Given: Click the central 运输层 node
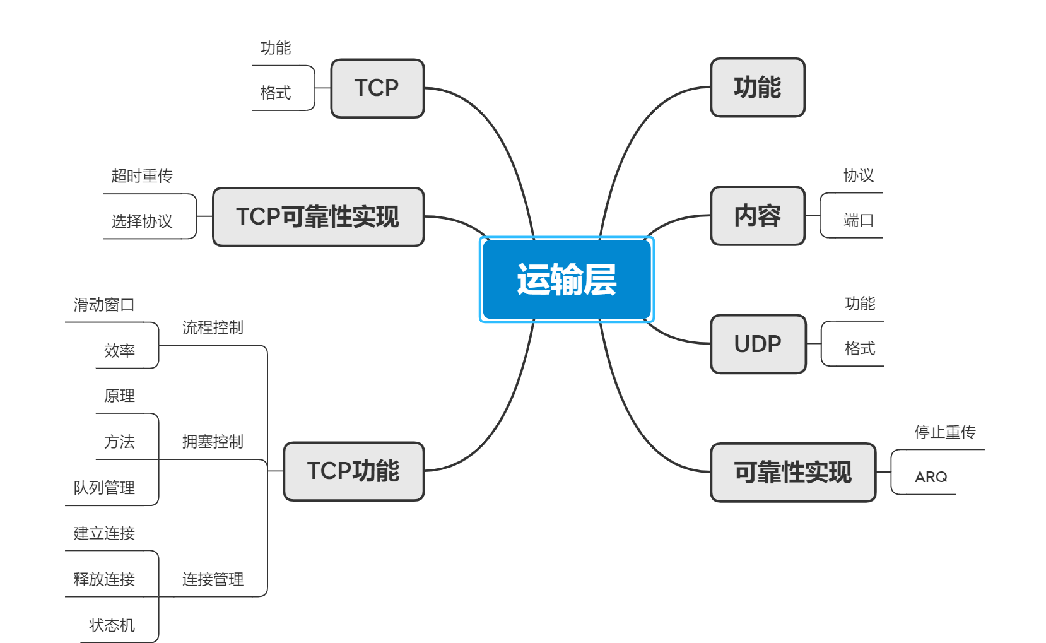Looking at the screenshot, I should [567, 280].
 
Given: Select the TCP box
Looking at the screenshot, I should [377, 88].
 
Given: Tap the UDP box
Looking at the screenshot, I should [758, 344].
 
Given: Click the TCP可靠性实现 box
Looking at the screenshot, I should [318, 216].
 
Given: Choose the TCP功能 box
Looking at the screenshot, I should [353, 471].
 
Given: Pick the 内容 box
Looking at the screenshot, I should [757, 216].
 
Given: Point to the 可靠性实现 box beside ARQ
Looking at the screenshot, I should [792, 473].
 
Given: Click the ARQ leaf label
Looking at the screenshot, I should [931, 477].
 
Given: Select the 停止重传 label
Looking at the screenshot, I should [944, 432].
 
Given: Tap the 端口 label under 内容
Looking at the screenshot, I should [858, 220].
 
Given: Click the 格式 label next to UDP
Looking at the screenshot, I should [859, 348].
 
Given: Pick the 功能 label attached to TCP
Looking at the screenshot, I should [276, 48].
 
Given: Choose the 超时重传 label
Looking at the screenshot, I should [142, 176].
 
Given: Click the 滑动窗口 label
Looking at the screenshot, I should [104, 305].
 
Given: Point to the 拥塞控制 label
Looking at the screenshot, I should [213, 442].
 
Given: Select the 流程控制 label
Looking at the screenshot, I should [213, 327].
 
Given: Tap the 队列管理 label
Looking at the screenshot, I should [104, 488].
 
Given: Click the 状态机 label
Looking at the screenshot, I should [112, 625].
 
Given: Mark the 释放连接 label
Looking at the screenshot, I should [104, 579].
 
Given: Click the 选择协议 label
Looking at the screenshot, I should [142, 221].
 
